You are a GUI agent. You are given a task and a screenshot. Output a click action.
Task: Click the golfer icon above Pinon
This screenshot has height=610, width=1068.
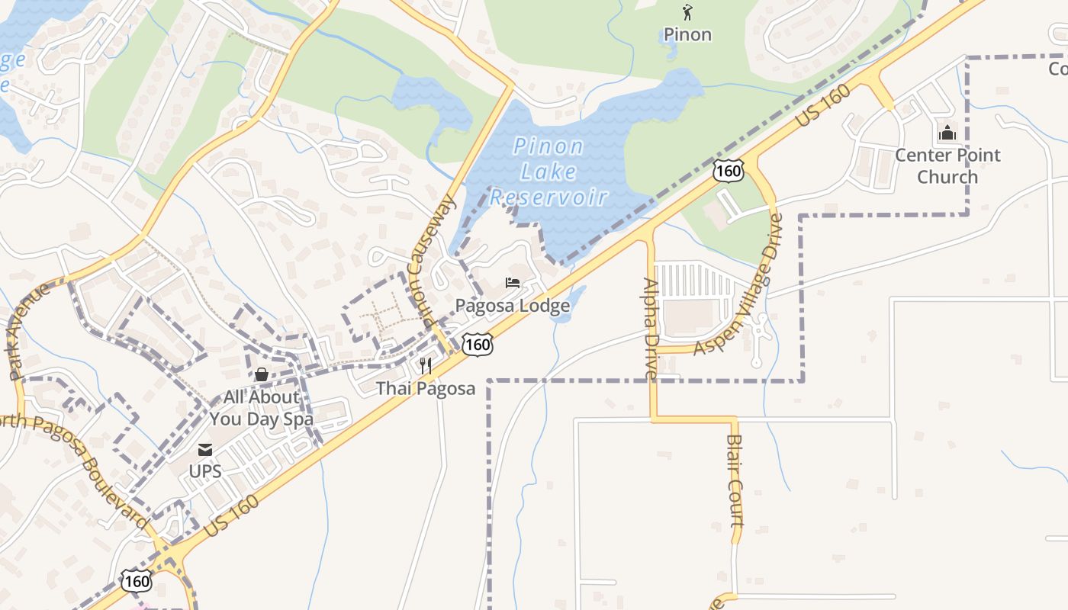(x=687, y=12)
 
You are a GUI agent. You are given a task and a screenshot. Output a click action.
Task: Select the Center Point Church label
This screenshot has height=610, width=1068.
(x=947, y=165)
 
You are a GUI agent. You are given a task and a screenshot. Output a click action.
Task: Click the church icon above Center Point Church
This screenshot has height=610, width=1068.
(x=947, y=133)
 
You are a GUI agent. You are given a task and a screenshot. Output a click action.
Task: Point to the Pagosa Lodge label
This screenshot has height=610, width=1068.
(x=513, y=306)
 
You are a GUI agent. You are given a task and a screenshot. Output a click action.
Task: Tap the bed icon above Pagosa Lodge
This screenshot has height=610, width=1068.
(x=513, y=283)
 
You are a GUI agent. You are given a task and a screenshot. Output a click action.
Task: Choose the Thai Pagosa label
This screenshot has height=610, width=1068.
(x=425, y=388)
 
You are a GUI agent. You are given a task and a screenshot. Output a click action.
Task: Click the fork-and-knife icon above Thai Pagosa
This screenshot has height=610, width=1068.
(x=426, y=366)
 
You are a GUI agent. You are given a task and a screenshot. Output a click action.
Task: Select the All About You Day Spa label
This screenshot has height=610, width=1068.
(x=261, y=408)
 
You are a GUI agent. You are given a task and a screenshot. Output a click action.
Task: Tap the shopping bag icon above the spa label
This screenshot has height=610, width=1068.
(x=262, y=374)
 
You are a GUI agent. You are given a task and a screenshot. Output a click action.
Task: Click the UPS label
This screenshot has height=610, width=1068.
(x=205, y=471)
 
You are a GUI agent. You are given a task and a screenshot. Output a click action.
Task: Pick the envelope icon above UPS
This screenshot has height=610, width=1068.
(x=205, y=449)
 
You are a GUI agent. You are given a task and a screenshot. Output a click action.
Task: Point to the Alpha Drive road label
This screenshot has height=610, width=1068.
(x=651, y=328)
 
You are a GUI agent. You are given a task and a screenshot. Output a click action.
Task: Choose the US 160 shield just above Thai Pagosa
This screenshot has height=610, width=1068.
(x=478, y=345)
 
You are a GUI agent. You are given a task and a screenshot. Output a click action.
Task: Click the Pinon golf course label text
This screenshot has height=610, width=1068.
(x=687, y=34)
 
